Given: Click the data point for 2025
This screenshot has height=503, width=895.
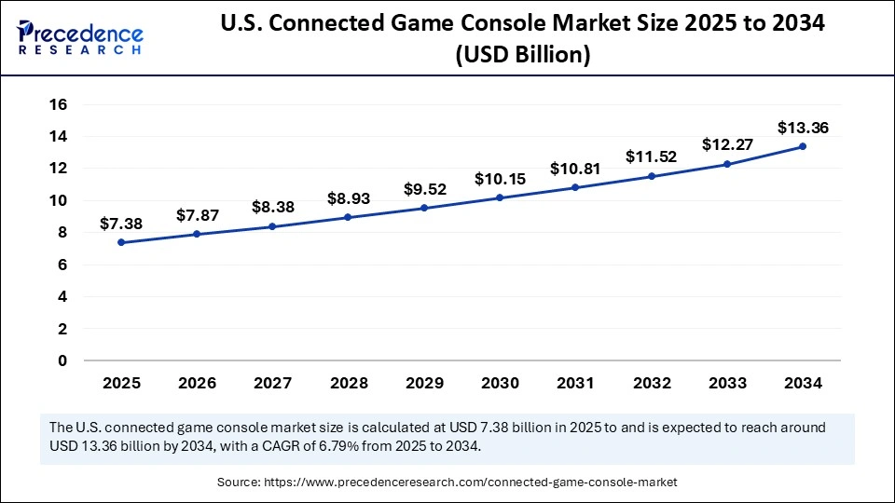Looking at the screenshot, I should pos(121,242).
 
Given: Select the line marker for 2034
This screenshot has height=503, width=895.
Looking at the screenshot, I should pos(802,146).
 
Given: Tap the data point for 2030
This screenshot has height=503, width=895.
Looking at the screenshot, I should pos(500,197).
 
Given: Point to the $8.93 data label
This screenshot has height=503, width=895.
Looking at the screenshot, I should pos(349,197).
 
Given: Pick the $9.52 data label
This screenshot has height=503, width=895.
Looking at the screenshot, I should pos(425,189).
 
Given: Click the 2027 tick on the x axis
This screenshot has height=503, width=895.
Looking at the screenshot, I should pos(272,382).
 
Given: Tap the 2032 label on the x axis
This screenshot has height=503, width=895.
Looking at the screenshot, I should pos(652,382).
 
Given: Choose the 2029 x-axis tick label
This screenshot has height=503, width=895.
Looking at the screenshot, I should pos(424,382).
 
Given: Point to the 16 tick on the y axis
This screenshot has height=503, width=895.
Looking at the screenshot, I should pos(59,104).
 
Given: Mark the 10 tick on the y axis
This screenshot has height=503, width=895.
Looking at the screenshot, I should pos(59,200).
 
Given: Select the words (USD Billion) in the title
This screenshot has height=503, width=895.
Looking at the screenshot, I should pos(523,56).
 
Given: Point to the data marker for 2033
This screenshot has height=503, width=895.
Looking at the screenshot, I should pos(726,164).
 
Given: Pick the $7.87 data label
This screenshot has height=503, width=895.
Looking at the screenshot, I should pos(197,216).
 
